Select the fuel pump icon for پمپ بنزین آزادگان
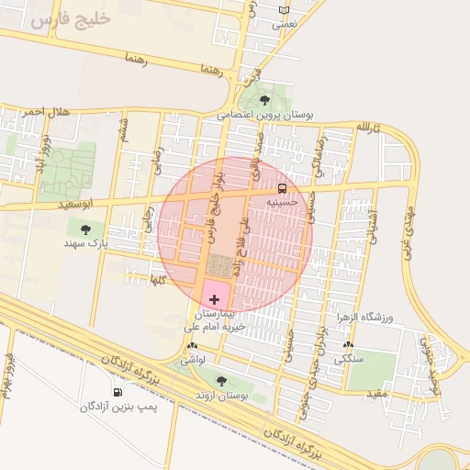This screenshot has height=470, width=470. pos(117,393)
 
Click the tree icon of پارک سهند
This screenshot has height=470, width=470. pos(85,229)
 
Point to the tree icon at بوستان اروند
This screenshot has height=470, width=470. pos(220,379)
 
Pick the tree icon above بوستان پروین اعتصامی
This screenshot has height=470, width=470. pos(264,100)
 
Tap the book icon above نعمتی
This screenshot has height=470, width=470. pos(283,10)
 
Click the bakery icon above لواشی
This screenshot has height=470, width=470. pos(192,346)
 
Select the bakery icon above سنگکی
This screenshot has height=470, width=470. pos(348,345)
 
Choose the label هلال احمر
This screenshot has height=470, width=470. pos(47,112)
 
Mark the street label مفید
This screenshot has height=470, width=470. pos(379,393)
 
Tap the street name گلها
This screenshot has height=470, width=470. pos(157,278)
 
